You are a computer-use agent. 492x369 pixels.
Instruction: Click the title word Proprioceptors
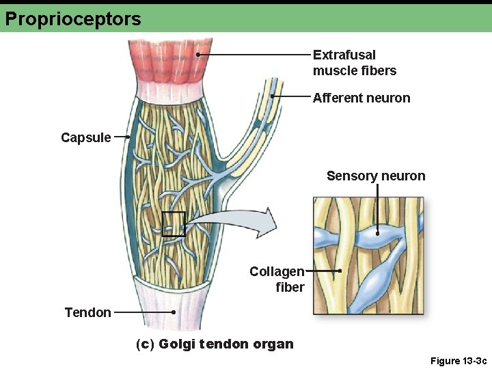point(73,18)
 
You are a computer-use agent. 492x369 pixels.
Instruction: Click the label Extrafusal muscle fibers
point(354,63)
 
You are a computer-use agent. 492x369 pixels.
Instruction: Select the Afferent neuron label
point(361,98)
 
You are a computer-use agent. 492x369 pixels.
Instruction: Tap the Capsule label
point(85,137)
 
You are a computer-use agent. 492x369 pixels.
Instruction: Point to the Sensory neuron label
point(376,176)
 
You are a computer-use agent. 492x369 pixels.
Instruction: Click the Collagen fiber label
point(277,279)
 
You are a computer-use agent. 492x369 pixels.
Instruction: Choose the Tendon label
point(87,312)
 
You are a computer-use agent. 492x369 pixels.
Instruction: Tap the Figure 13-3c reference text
point(459,360)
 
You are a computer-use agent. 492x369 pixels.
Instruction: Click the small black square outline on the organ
point(174,224)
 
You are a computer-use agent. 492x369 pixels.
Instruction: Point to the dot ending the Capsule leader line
point(128,137)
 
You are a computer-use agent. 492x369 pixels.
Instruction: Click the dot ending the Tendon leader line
point(174,312)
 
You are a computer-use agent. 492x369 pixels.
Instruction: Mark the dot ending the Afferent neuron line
point(272,97)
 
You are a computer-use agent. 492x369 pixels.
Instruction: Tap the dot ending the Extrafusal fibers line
point(197,54)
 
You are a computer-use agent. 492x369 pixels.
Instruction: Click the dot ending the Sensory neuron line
point(377,233)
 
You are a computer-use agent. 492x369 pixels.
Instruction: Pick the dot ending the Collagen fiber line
point(340,271)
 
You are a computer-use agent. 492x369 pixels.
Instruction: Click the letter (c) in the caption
point(146,344)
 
